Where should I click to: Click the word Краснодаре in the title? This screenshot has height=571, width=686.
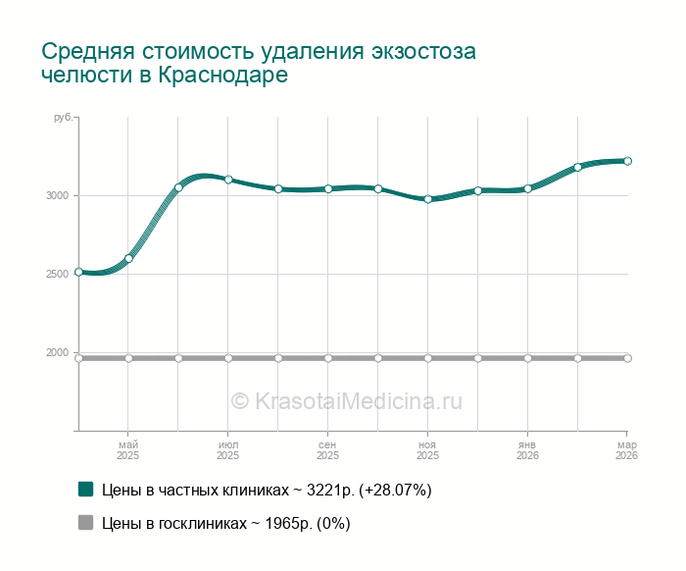[x=223, y=76]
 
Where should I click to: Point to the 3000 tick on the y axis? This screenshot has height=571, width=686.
[x=57, y=195]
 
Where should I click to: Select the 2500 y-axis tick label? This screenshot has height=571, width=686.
[x=57, y=274]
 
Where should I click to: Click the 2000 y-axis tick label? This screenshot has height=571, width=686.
[x=57, y=352]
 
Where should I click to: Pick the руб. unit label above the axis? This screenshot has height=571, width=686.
[x=63, y=118]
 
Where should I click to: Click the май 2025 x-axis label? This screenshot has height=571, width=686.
[x=128, y=450]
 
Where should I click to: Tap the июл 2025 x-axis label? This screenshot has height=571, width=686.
[x=228, y=450]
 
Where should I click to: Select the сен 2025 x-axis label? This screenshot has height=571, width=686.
[x=328, y=450]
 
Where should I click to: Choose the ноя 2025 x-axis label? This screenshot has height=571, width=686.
[x=428, y=450]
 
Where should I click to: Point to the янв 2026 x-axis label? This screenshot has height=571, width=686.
[x=527, y=450]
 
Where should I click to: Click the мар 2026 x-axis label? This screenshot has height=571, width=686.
[x=626, y=450]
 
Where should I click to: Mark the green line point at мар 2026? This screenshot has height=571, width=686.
[x=627, y=161]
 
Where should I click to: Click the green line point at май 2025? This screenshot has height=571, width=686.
[x=128, y=258]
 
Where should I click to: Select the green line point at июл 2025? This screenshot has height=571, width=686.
[x=228, y=180]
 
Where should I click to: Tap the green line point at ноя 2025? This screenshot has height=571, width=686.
[x=428, y=199]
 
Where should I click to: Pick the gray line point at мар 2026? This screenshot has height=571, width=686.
[x=627, y=358]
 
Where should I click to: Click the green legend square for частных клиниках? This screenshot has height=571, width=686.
[x=85, y=489]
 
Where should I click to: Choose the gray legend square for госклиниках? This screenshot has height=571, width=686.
[x=85, y=523]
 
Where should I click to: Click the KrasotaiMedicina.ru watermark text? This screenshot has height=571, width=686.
[x=346, y=400]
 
